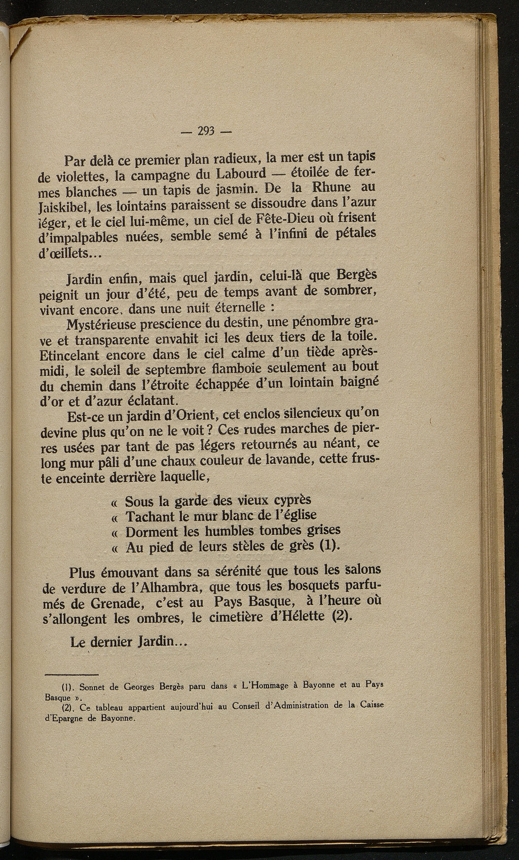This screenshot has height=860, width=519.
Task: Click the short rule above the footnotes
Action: [71, 675]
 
